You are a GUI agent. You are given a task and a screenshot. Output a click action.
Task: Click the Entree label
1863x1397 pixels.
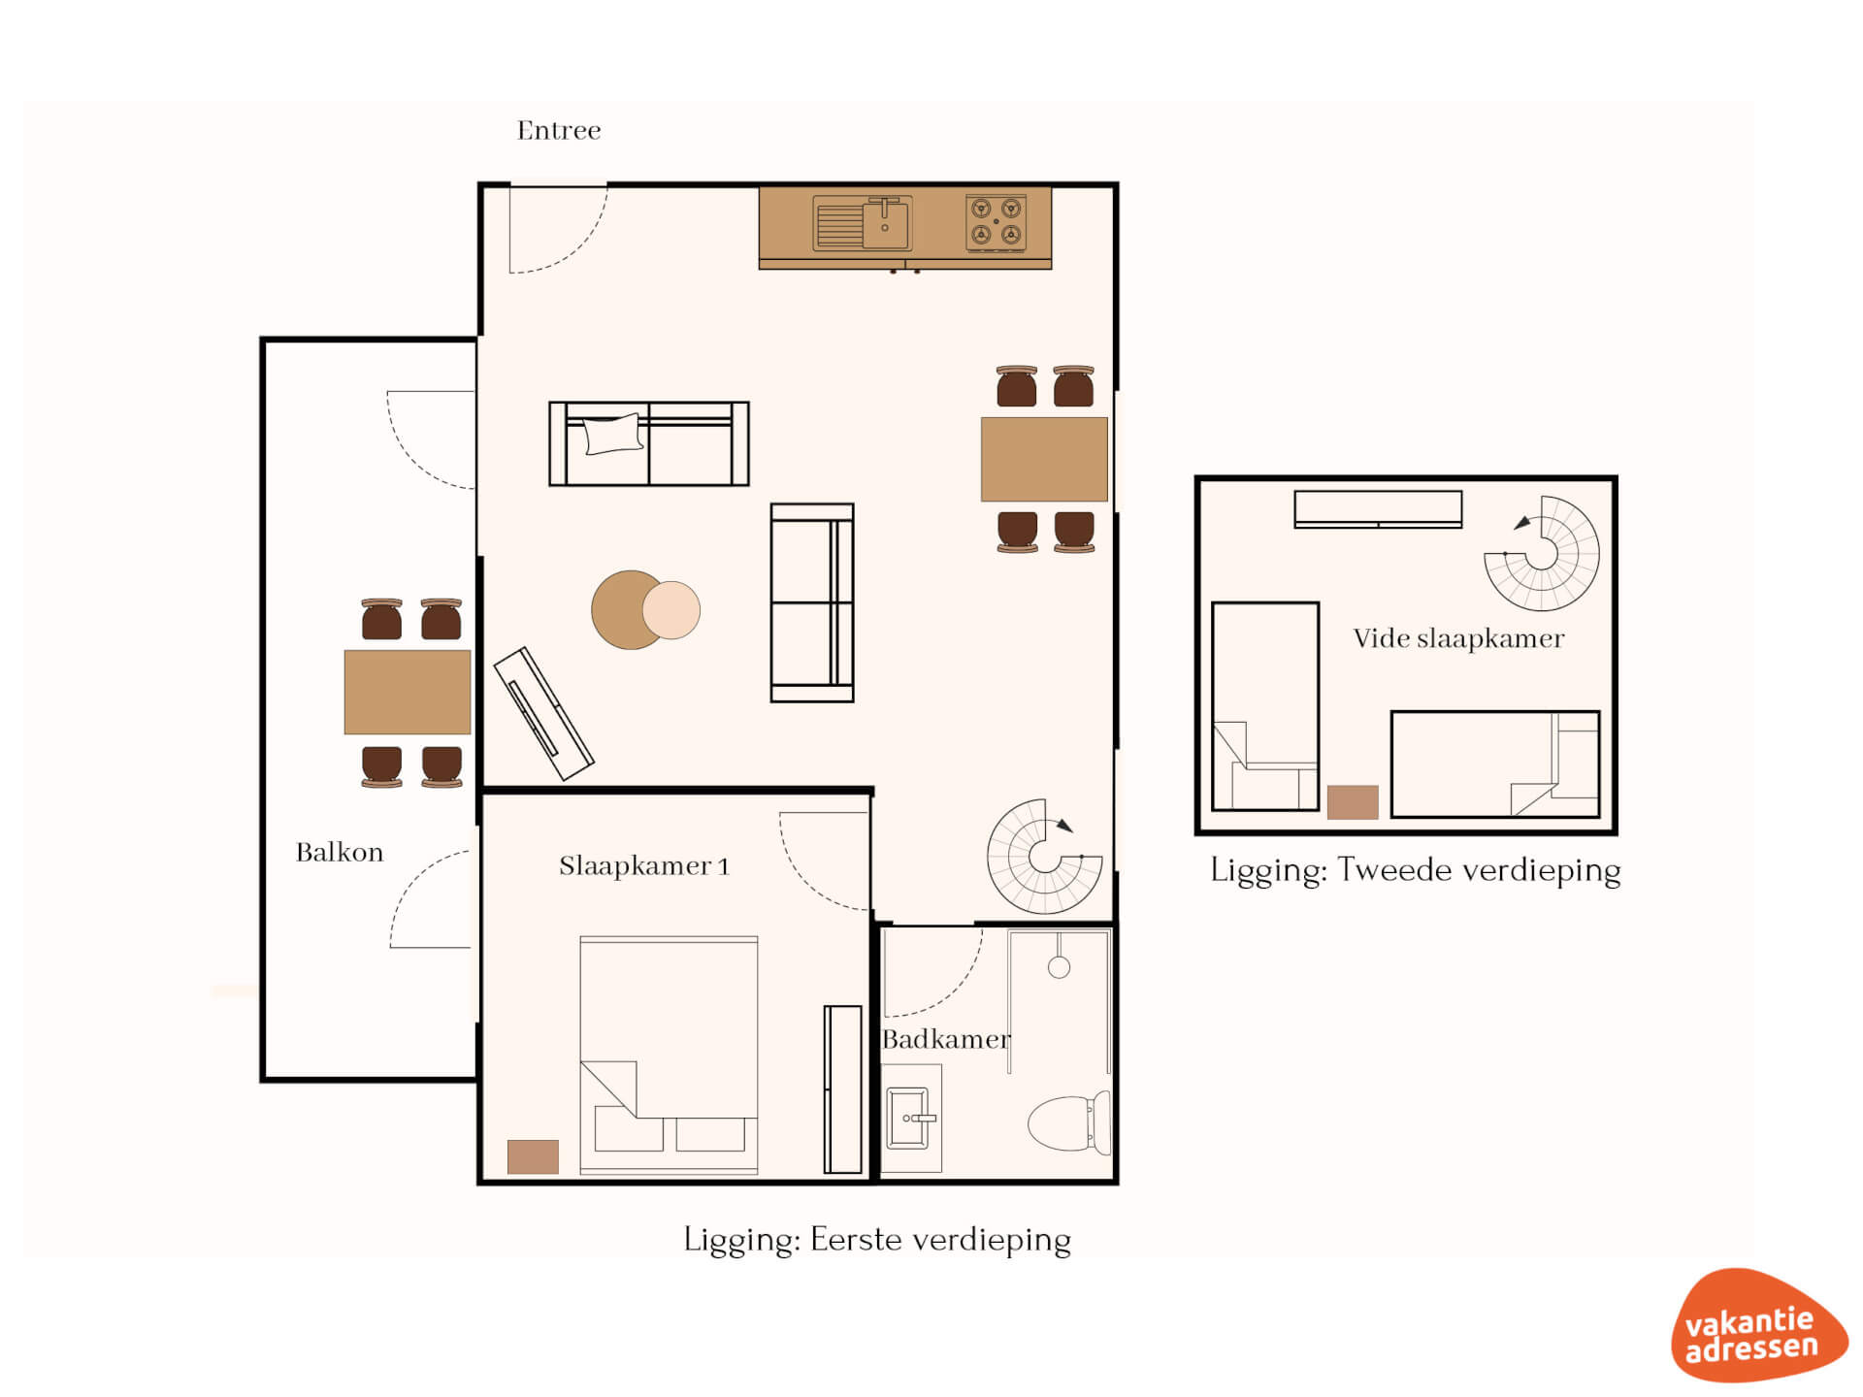tap(558, 130)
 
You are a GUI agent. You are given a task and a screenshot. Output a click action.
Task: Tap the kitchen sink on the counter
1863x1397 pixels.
tap(862, 223)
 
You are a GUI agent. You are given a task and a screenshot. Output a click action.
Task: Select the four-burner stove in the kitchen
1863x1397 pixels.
tap(997, 222)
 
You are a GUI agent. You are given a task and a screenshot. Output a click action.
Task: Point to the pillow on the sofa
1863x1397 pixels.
tap(613, 434)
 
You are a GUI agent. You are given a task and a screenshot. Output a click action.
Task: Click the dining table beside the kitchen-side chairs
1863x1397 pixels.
tap(1044, 459)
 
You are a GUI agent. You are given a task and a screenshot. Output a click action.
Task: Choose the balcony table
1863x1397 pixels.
tap(408, 692)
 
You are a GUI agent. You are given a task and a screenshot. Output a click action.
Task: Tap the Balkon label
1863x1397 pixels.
tap(340, 852)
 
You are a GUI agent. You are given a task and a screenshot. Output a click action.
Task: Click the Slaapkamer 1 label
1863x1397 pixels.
tap(643, 865)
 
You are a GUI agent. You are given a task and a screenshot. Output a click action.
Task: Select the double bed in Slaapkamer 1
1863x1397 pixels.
tap(669, 1056)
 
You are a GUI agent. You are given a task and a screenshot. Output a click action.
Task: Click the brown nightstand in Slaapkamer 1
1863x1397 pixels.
tap(533, 1156)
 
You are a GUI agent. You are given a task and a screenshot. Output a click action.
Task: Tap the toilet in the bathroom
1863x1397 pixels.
tap(1069, 1122)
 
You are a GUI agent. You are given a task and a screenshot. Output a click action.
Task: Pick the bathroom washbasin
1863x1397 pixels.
tap(911, 1118)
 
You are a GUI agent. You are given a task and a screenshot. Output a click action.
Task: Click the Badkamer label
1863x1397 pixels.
tap(946, 1039)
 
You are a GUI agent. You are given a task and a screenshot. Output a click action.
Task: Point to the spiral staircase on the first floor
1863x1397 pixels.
tap(1044, 857)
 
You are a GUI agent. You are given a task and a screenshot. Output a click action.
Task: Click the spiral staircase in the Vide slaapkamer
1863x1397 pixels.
tap(1542, 553)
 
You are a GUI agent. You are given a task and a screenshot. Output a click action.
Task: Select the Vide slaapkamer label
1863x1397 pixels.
tap(1458, 638)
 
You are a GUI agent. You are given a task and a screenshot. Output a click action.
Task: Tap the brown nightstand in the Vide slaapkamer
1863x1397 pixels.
tap(1353, 802)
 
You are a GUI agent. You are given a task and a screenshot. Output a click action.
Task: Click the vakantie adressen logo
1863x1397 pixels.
tap(1758, 1325)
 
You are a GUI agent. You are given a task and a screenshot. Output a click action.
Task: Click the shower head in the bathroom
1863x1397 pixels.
tap(1059, 966)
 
